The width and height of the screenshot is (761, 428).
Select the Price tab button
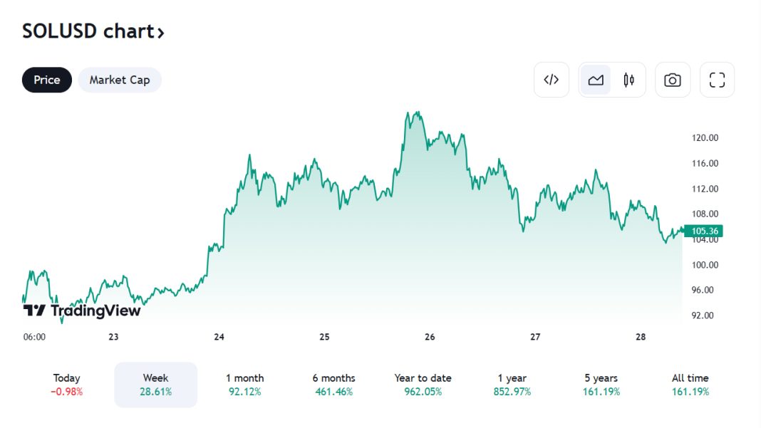(x=47, y=80)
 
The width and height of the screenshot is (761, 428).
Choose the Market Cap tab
(x=120, y=80)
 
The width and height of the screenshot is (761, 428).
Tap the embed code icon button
(x=551, y=80)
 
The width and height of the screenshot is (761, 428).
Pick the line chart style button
(x=596, y=80)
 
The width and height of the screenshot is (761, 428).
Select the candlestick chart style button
(x=628, y=80)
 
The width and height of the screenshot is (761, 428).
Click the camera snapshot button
(x=672, y=80)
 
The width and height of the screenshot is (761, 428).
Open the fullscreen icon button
(x=717, y=80)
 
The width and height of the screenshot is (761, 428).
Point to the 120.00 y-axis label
(x=705, y=138)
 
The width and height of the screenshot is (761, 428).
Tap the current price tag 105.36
(x=704, y=231)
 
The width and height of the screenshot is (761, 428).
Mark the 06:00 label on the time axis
(x=34, y=337)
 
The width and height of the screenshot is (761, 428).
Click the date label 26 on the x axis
(x=430, y=337)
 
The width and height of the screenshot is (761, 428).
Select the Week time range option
(x=155, y=385)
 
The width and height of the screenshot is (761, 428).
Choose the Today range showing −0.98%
(x=66, y=385)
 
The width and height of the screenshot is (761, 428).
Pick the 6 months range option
(x=333, y=385)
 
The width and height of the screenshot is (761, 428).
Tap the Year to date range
(x=423, y=385)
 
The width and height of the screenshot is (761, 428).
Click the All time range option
(x=690, y=385)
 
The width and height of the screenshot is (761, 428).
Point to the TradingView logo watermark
(x=82, y=310)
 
